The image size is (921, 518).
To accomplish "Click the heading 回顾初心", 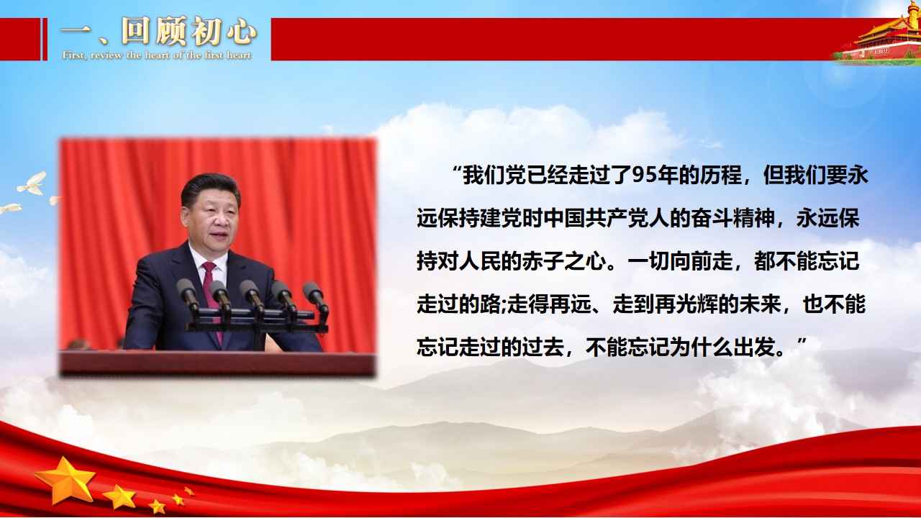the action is coord(189,31).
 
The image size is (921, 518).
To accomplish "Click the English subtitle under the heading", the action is coord(157,55).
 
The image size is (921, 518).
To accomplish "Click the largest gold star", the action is coord(65,480).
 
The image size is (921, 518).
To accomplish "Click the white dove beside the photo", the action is coord(32,184).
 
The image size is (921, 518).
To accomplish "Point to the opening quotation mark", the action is coord(456,169).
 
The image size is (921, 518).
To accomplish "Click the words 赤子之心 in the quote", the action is coord(564,261).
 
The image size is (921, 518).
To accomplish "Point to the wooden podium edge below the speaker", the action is coord(217,363).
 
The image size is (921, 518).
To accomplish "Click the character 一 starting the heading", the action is coord(76,33).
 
